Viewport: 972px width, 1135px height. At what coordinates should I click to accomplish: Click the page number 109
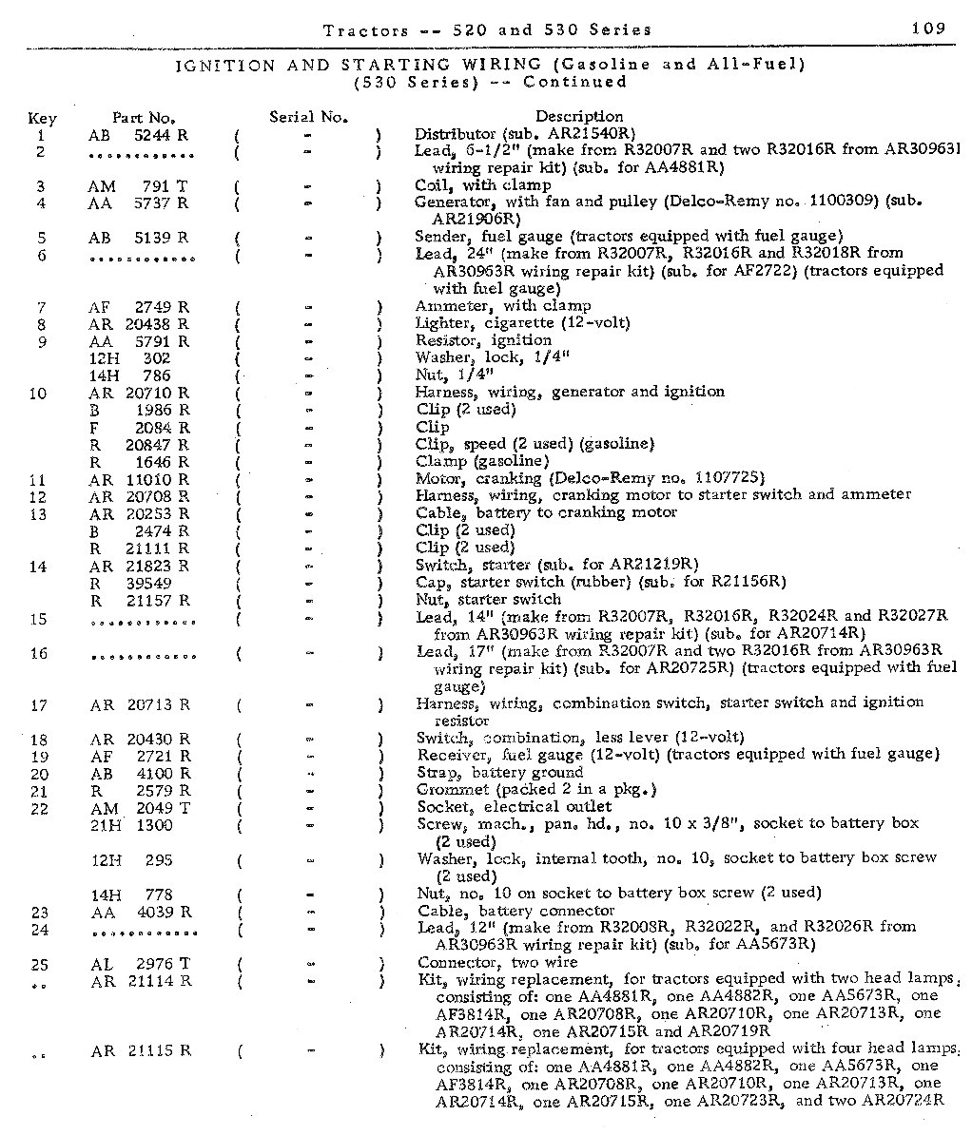pyautogui.click(x=927, y=29)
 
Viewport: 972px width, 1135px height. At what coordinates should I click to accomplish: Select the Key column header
pyautogui.click(x=42, y=119)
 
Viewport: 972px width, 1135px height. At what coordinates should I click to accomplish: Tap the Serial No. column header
pyautogui.click(x=308, y=118)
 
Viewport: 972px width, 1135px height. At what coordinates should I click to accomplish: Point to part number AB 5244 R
pyautogui.click(x=139, y=135)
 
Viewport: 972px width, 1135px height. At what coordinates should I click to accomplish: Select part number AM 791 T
pyautogui.click(x=139, y=186)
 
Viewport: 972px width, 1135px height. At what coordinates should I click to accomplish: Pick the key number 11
pyautogui.click(x=39, y=480)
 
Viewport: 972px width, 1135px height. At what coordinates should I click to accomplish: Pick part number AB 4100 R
pyautogui.click(x=140, y=774)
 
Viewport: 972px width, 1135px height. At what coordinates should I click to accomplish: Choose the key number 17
pyautogui.click(x=39, y=705)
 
